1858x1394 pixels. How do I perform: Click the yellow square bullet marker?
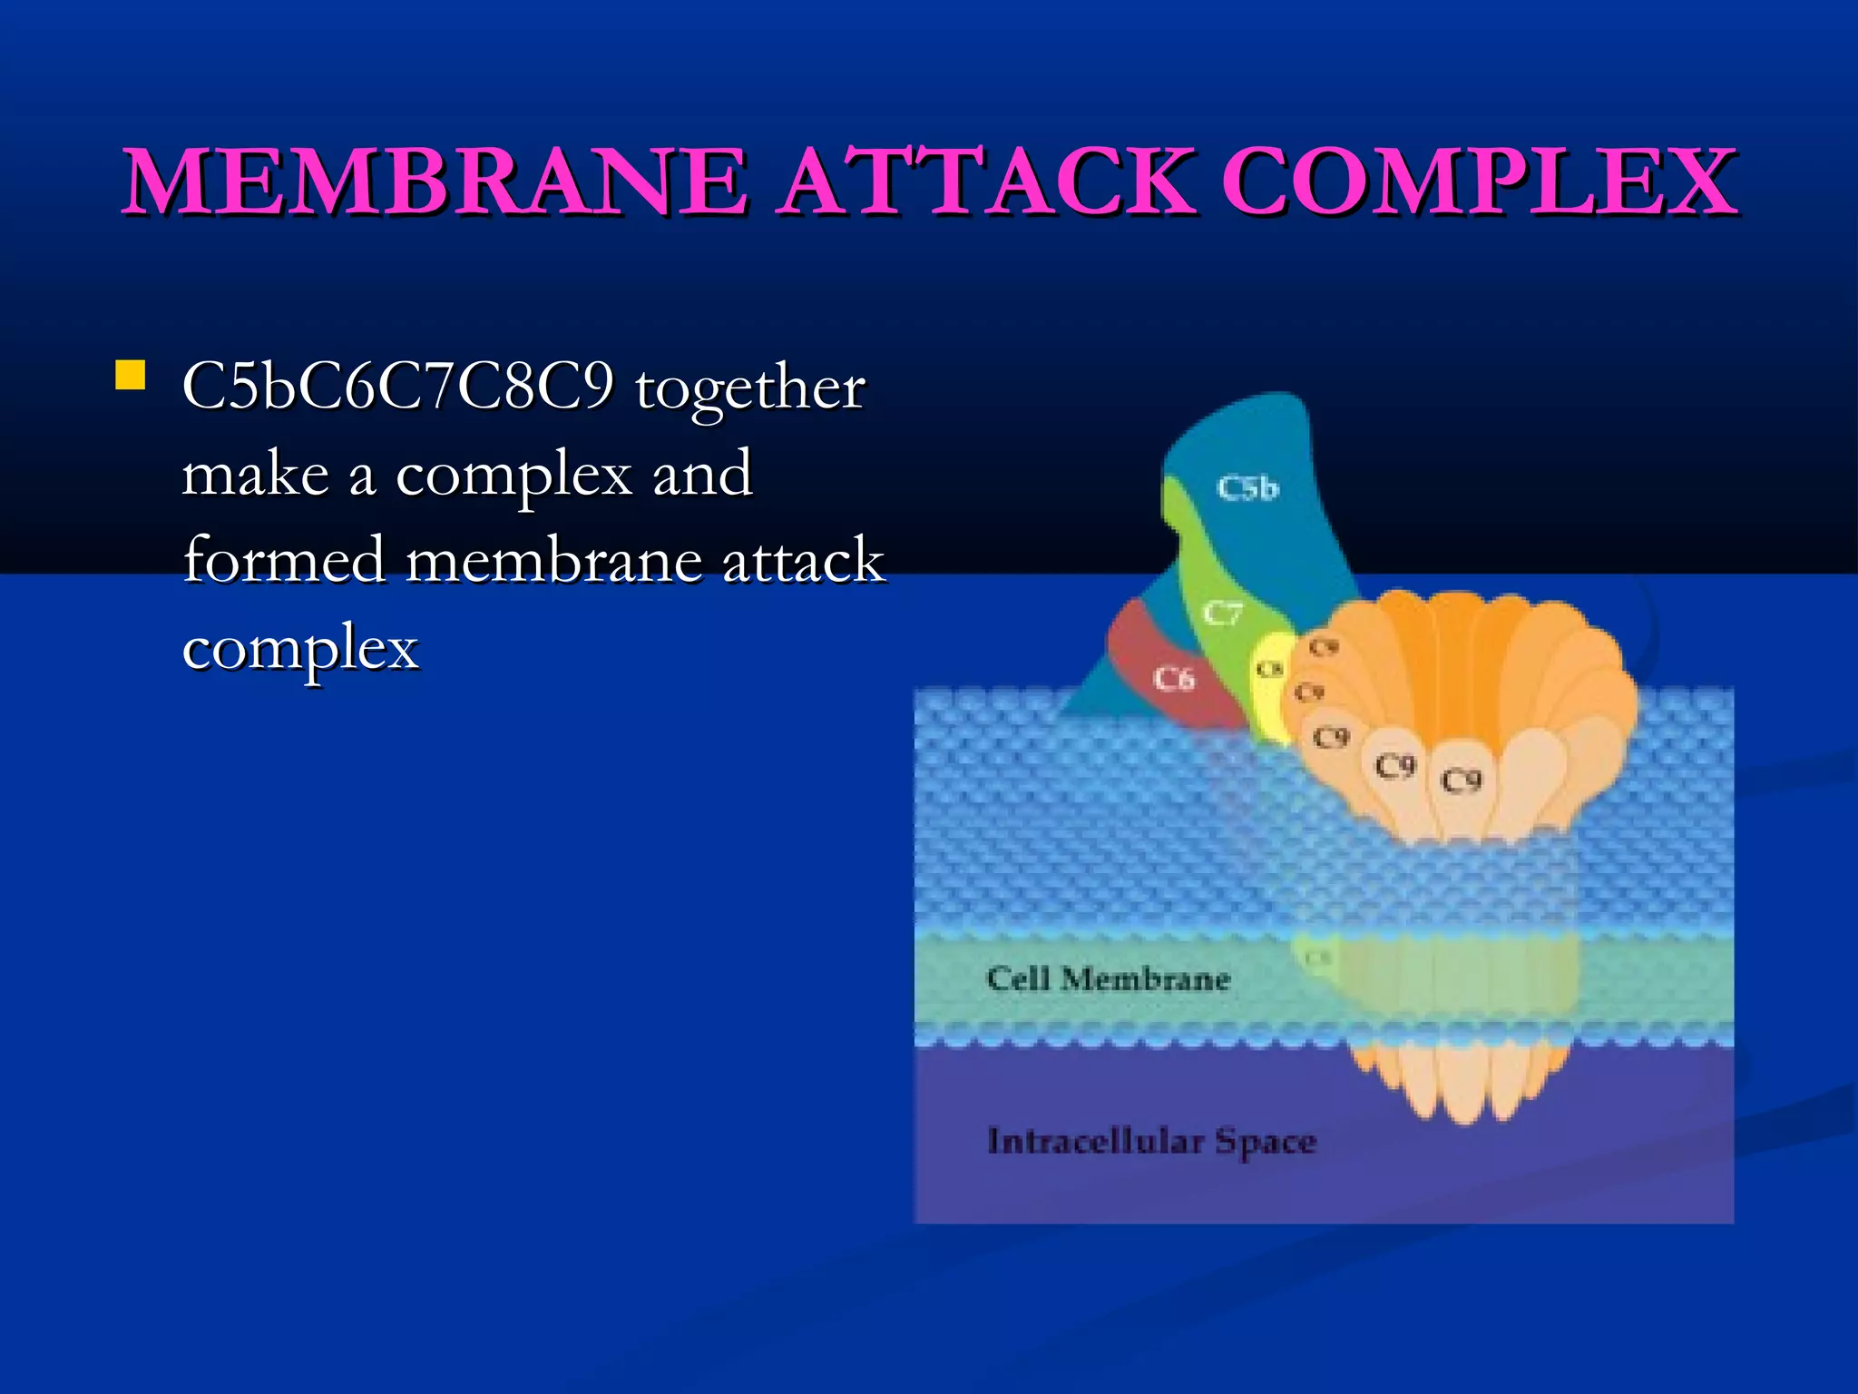(x=131, y=375)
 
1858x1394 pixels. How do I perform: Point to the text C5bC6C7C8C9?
(x=397, y=387)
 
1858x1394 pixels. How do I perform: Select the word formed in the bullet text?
(x=284, y=560)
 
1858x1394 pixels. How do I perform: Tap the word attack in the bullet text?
(x=802, y=560)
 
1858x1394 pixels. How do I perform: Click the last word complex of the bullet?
(x=300, y=648)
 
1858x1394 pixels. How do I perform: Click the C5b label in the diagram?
(x=1247, y=488)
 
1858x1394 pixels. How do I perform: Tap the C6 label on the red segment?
(x=1174, y=679)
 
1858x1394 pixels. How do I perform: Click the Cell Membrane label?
(x=1108, y=979)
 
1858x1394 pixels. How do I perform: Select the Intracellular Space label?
(x=1151, y=1141)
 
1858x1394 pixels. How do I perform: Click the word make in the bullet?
(x=255, y=474)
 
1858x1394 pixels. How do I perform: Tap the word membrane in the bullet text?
(x=553, y=560)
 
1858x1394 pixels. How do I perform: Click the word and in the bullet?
(x=702, y=474)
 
